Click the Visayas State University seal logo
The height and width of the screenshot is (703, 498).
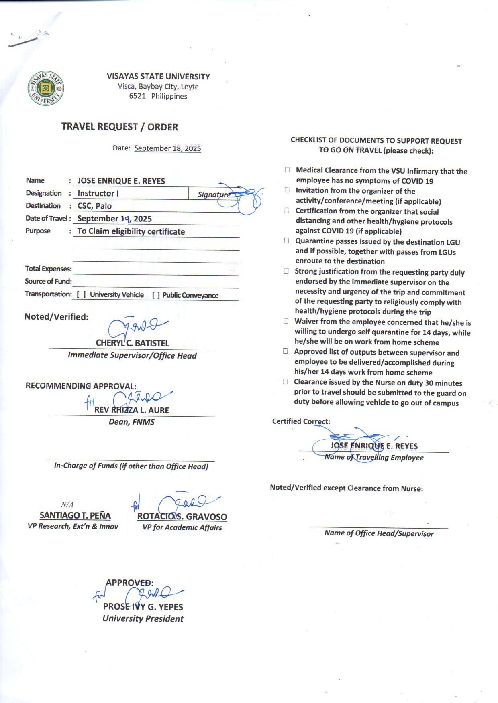[x=45, y=89]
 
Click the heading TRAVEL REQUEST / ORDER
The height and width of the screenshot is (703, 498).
[x=120, y=127]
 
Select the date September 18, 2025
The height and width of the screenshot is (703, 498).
[x=167, y=148]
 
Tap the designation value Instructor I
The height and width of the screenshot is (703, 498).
[x=98, y=193]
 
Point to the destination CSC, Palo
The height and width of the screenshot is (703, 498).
[x=94, y=206]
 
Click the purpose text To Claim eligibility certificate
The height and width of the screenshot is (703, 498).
[x=131, y=231]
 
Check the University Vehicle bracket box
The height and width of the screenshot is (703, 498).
[x=81, y=295]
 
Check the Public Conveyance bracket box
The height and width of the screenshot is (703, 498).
[x=156, y=295]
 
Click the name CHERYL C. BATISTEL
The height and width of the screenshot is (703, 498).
[x=132, y=343]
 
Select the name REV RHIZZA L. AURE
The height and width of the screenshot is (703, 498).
[x=132, y=410]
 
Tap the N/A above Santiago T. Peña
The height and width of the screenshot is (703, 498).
[x=67, y=504]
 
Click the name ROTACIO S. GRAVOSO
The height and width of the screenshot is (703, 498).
[x=182, y=517]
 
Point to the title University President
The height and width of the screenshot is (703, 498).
[x=143, y=618]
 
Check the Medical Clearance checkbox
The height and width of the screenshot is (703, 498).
[x=287, y=170]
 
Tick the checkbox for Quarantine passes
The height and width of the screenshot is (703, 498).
[x=286, y=241]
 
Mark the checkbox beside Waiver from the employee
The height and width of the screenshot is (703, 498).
[x=286, y=321]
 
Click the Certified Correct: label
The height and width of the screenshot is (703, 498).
[x=301, y=421]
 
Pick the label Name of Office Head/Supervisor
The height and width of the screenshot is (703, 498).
[x=379, y=533]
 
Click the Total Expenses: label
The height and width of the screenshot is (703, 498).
[x=48, y=269]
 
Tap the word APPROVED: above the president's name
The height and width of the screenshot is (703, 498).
[x=129, y=583]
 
